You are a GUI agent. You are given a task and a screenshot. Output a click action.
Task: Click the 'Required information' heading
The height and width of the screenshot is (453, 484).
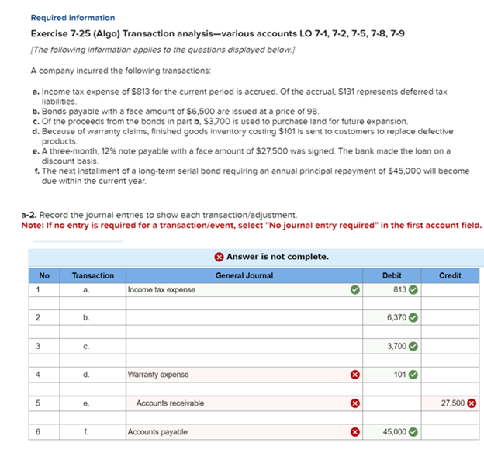(72, 17)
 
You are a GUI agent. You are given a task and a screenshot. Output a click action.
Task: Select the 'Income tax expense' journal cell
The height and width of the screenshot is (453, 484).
(162, 290)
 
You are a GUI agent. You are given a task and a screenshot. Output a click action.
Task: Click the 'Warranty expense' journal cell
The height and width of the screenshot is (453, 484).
(157, 375)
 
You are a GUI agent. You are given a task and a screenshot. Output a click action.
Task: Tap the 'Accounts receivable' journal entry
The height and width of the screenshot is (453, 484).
(170, 403)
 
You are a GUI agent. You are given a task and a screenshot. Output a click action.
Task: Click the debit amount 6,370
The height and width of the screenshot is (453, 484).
(396, 318)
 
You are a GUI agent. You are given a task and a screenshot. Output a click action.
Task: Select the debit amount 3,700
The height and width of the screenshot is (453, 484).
(396, 346)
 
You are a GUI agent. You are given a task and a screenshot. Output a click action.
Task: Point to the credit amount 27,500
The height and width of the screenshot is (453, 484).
(451, 403)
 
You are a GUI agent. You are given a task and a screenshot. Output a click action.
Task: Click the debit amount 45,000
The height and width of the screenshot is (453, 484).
(394, 431)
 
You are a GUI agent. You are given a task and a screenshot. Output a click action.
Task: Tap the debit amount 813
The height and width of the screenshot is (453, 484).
(399, 290)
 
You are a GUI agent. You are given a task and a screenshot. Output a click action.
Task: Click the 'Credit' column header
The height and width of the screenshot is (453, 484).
(450, 275)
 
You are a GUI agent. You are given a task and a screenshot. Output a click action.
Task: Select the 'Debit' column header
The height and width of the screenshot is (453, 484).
(392, 275)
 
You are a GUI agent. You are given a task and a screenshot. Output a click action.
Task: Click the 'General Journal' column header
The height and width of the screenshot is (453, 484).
(244, 275)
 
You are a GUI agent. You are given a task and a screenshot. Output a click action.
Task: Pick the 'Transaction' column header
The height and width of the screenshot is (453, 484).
(92, 275)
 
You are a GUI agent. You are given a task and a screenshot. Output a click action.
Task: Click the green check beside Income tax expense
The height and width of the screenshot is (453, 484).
(354, 290)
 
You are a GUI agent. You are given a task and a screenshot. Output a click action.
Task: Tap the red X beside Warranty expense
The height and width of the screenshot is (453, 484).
(354, 375)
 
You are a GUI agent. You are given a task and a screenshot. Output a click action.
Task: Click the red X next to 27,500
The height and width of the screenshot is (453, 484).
(472, 403)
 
